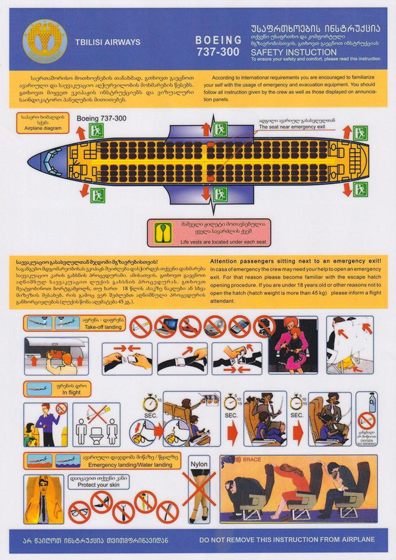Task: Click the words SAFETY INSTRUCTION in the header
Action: pos(294,52)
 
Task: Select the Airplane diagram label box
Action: pos(43,123)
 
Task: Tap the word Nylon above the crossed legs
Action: pos(199,464)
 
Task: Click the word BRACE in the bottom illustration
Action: pos(252,460)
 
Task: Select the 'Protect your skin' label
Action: pos(98,482)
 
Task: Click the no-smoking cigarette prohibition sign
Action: pos(141,327)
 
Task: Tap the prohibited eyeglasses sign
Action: pos(79,511)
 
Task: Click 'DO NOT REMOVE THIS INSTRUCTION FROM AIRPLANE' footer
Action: pos(287,539)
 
